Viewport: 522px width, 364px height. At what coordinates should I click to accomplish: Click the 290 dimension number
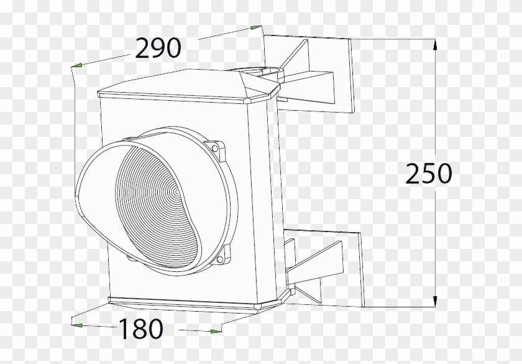click(158, 49)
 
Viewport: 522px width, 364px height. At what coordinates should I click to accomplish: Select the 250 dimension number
click(428, 174)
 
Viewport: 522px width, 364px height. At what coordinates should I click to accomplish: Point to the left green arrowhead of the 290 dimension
click(77, 65)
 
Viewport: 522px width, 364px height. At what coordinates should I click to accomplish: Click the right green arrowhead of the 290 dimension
click(256, 27)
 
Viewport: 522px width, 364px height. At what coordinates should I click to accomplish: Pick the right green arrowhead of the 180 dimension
click(216, 332)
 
